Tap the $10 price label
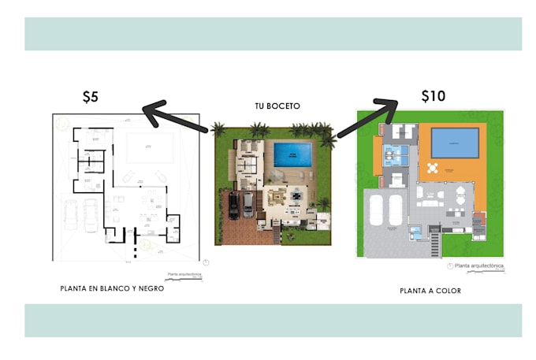(x=433, y=96)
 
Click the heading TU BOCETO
(x=277, y=106)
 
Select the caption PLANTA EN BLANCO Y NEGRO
(x=112, y=288)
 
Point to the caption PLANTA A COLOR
(x=430, y=291)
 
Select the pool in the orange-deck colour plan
(x=455, y=143)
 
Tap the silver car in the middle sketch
(x=248, y=204)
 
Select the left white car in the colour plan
(x=375, y=210)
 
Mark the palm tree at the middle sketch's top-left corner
(x=218, y=128)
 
